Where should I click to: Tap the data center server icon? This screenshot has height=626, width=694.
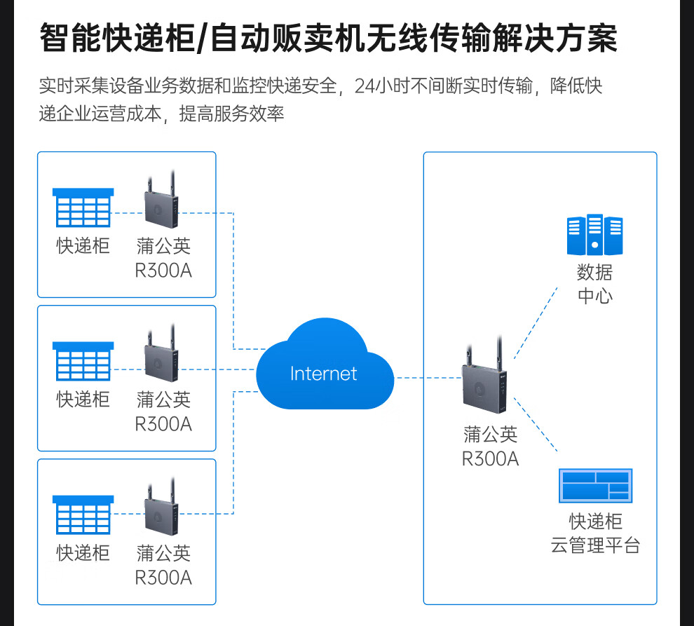[x=594, y=235]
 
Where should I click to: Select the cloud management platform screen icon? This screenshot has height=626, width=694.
[x=595, y=486]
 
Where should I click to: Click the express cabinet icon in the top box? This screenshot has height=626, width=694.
[x=83, y=207]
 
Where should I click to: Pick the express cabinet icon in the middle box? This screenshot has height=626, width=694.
[x=83, y=361]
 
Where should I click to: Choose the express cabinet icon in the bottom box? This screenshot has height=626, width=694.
[x=83, y=515]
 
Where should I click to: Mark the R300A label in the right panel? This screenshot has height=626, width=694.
[x=490, y=459]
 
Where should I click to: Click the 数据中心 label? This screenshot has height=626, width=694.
[x=594, y=284]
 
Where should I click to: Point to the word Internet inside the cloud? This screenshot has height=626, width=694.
[x=324, y=374]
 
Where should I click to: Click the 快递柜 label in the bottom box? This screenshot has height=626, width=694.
[x=83, y=553]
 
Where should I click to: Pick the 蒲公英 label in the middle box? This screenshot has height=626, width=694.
[x=163, y=400]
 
